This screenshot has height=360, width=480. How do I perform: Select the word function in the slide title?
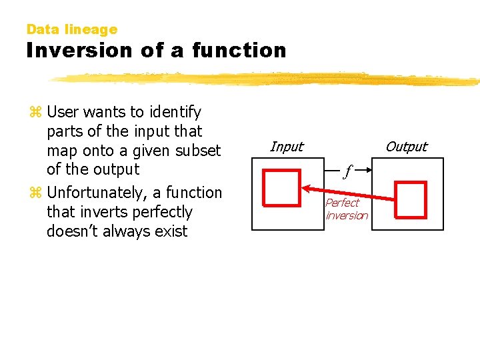239,51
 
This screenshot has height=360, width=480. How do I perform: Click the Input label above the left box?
287,147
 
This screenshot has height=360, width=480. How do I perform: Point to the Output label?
407,147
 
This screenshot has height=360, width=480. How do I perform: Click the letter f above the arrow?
347,172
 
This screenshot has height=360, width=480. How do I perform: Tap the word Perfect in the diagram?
342,203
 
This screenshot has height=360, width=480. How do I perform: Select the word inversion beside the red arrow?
347,215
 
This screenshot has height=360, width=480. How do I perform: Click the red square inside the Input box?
281,187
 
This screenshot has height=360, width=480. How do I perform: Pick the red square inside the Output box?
410,199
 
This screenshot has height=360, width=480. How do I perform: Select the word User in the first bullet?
63,111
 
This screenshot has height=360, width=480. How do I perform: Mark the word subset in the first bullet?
198,150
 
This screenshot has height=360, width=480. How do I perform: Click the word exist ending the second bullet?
170,231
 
